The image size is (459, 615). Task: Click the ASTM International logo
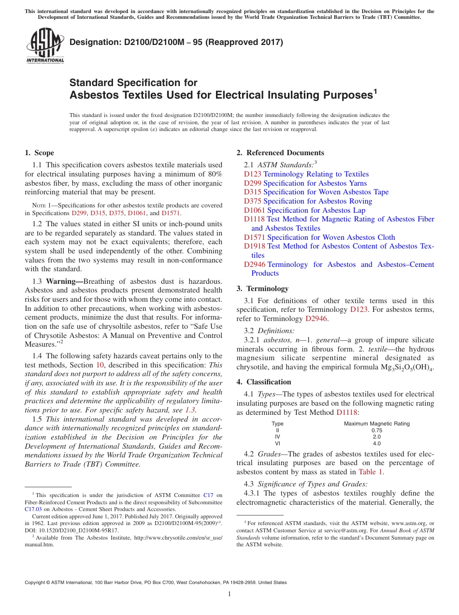tap(45, 46)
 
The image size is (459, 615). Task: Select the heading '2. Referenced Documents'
tap(280, 153)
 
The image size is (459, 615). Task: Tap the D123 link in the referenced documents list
tap(253, 174)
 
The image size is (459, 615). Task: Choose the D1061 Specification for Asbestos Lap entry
tap(304, 210)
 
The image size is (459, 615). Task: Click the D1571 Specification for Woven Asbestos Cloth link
tap(319, 237)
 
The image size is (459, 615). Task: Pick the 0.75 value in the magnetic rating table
tap(376, 430)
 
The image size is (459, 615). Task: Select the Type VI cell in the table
tap(277, 443)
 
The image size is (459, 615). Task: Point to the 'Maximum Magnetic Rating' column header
tap(376, 424)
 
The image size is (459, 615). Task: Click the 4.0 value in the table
tap(376, 443)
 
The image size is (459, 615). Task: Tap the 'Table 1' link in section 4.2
tap(371, 472)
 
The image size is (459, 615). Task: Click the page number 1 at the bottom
tap(229, 594)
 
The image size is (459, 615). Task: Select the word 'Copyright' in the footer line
tap(37, 583)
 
